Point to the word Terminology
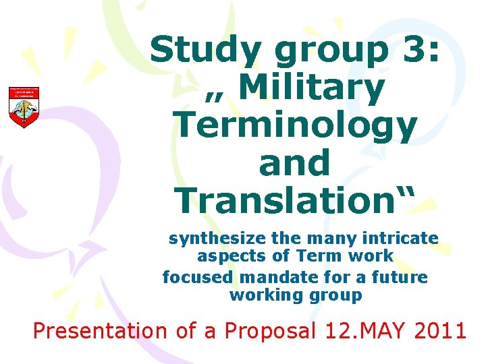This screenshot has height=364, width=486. (295, 126)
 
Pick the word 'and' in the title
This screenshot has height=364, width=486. (294, 162)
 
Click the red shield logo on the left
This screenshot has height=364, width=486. (24, 107)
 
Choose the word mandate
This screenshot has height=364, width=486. (270, 277)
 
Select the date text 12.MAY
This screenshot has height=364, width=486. (365, 331)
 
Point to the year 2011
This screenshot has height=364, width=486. (439, 331)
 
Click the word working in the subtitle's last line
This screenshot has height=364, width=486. (259, 295)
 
